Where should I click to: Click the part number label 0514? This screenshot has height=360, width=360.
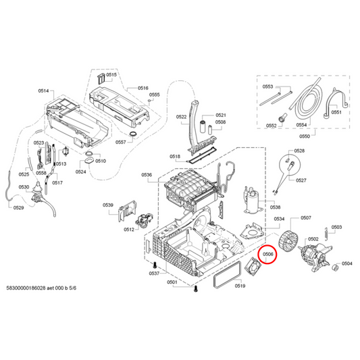44,91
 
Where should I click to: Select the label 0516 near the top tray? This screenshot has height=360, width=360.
143,88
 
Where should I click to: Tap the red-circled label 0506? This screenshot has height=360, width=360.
269,255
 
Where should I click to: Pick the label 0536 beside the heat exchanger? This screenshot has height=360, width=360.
147,175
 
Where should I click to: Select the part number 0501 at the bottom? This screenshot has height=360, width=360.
172,281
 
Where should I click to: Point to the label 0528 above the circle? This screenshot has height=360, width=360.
299,151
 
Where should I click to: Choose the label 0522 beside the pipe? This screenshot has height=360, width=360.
182,117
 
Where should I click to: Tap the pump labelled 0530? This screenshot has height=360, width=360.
36,201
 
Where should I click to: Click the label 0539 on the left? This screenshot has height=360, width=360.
107,205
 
